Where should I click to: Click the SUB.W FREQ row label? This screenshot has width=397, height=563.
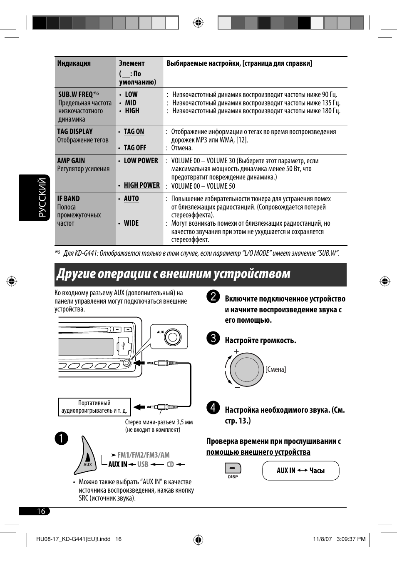(x=76, y=95)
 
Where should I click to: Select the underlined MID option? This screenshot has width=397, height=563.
(x=131, y=103)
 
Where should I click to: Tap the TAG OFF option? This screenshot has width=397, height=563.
(x=135, y=148)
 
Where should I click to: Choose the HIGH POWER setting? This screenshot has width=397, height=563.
(x=141, y=185)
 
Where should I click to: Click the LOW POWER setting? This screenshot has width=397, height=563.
(x=141, y=161)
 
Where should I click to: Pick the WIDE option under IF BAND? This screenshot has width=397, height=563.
(x=131, y=223)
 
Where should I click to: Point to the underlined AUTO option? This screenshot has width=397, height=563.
(x=131, y=199)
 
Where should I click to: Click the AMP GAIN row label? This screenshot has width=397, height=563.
(x=71, y=161)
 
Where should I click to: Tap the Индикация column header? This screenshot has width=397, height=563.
(x=74, y=63)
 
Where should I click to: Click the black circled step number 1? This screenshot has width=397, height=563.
(x=61, y=438)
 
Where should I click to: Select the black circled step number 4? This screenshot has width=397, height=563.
(x=213, y=408)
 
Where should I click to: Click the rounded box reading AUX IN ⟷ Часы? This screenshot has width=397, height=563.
(x=300, y=471)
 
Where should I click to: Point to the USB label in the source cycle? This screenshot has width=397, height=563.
(x=143, y=464)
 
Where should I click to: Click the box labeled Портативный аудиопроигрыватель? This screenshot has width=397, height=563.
(x=94, y=407)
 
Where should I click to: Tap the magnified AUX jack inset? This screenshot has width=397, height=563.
(x=169, y=336)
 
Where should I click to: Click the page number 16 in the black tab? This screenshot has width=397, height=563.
(x=41, y=511)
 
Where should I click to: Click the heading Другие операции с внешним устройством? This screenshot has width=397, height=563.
(x=174, y=274)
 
